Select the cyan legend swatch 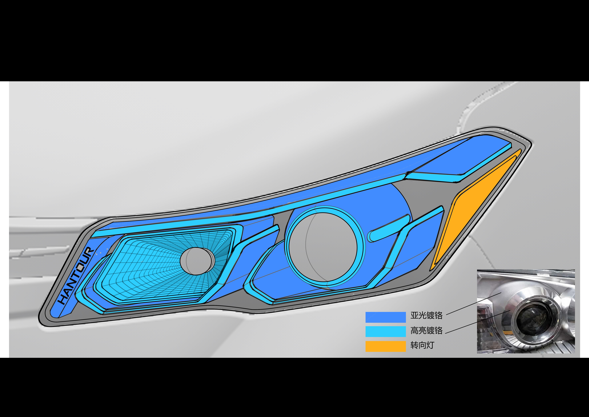pos(385,332)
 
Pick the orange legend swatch pos(385,346)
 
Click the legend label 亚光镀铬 pos(426,315)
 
